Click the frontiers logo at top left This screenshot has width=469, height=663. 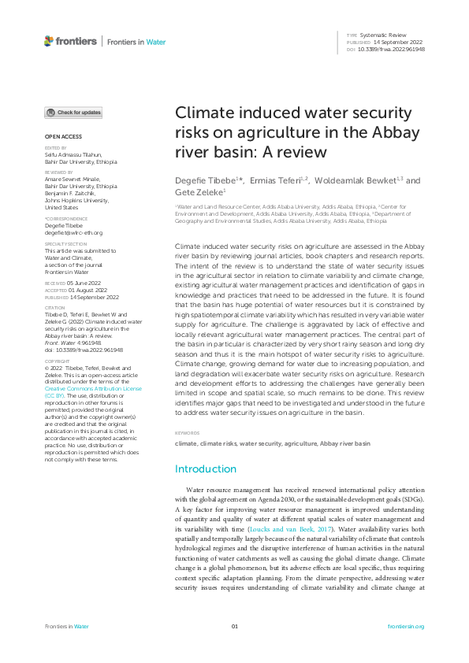[x=70, y=41]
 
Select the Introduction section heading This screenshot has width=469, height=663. [x=205, y=469]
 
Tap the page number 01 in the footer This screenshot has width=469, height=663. [x=234, y=626]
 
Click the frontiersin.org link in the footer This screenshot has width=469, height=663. [x=407, y=626]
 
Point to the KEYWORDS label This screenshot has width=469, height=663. [x=186, y=433]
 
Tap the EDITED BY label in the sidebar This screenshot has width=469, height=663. [x=54, y=148]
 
